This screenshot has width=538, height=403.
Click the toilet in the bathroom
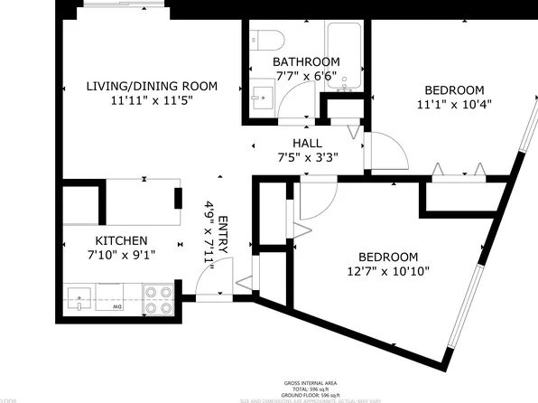point(266,39)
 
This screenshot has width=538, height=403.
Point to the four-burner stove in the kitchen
point(159,300)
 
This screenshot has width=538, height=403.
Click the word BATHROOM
point(306,62)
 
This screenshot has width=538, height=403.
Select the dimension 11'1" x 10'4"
point(455,106)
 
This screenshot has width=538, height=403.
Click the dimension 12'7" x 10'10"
point(388,271)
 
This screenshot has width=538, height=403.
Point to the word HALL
point(307,143)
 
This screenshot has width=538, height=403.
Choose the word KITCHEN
point(122,240)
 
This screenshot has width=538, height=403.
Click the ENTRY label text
point(223,236)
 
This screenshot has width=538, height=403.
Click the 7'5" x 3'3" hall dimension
point(307,157)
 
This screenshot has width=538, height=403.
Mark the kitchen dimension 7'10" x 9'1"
point(122,256)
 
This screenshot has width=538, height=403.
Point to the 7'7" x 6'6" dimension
point(306,77)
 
